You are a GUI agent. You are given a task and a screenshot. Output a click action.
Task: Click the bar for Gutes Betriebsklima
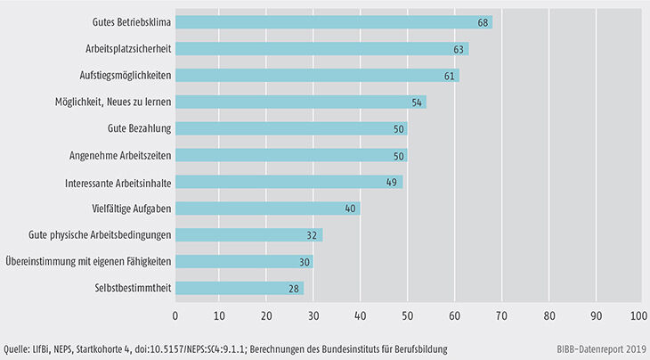(334, 21)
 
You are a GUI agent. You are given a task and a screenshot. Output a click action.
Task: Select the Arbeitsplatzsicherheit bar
(322, 48)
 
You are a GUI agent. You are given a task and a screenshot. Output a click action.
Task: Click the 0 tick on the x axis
(175, 315)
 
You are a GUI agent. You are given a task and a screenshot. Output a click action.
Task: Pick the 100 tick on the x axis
(638, 315)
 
